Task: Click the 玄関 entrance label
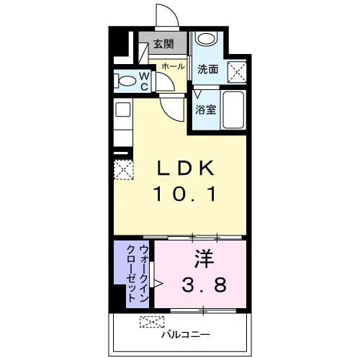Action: (163, 44)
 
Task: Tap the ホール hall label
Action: (173, 66)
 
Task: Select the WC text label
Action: (145, 81)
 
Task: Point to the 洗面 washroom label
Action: (208, 69)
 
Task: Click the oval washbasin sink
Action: (206, 38)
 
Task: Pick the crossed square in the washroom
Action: (237, 72)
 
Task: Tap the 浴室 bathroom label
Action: (206, 109)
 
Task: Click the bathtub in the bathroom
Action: (233, 110)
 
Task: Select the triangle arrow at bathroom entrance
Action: (197, 94)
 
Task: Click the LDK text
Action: (185, 168)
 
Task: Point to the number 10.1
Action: (185, 194)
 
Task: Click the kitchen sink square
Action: (123, 110)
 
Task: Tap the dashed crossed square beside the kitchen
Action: (123, 169)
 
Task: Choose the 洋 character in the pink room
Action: (204, 258)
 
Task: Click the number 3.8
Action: (204, 284)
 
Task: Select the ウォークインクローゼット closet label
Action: (138, 274)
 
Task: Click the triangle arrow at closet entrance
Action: (158, 284)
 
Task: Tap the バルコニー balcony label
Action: (186, 334)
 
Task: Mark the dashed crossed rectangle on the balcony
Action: (152, 322)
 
